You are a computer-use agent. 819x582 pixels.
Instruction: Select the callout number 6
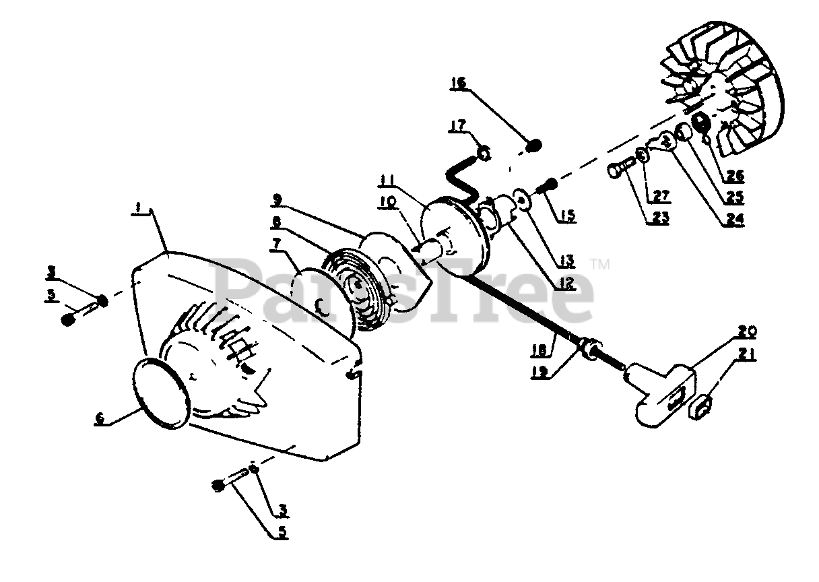click(100, 418)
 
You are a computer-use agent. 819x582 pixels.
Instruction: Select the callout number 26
click(735, 176)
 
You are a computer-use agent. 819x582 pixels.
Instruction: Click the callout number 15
click(567, 216)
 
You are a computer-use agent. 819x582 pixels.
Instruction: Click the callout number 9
click(277, 199)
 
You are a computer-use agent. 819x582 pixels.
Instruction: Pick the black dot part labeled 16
click(534, 144)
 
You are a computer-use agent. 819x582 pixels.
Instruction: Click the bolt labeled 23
click(620, 166)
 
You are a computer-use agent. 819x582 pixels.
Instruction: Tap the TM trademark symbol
click(600, 265)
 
